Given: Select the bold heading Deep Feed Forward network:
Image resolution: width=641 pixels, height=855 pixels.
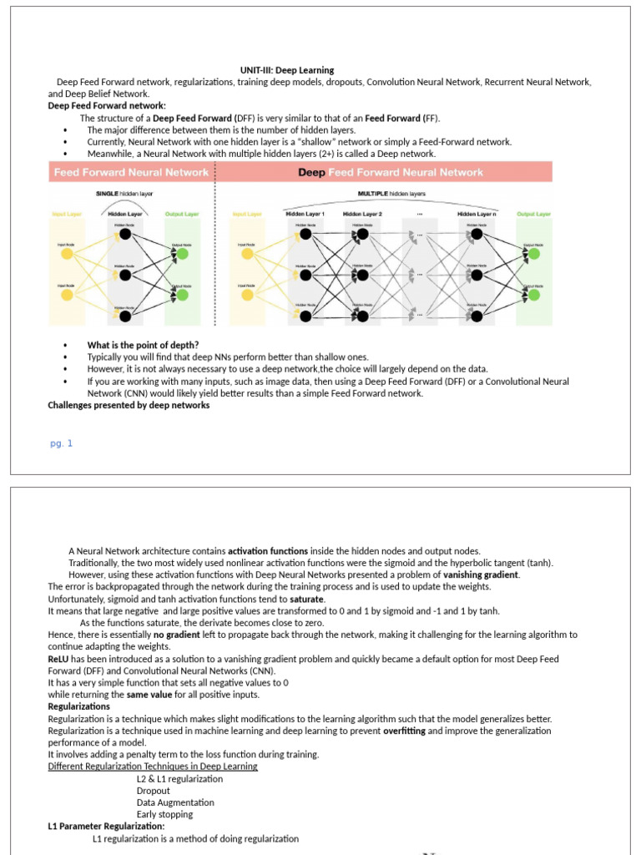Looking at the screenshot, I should (x=107, y=106).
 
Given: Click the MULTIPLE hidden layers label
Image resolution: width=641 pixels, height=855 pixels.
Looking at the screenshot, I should (x=391, y=193).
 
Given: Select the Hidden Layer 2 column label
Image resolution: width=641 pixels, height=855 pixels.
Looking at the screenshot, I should (x=362, y=214).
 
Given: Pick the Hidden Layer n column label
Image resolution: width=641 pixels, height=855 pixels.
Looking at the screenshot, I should (x=477, y=214).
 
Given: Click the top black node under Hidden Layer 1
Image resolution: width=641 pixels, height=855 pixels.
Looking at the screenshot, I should (x=305, y=234).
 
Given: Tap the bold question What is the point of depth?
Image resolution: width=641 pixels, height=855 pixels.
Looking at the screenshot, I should (x=143, y=345).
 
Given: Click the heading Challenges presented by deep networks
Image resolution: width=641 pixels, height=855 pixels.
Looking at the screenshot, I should (x=129, y=405).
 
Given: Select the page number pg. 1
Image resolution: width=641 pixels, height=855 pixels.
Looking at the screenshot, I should (x=62, y=443).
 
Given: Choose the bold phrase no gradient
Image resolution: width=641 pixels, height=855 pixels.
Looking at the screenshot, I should (x=177, y=635).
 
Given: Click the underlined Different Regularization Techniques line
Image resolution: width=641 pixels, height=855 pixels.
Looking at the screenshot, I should (x=153, y=766).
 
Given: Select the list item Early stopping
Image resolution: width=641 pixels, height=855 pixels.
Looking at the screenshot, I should (x=164, y=814).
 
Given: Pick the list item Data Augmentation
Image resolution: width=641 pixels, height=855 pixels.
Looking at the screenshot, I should (x=175, y=802).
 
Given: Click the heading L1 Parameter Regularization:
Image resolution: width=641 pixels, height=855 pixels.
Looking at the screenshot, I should (x=106, y=826).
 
